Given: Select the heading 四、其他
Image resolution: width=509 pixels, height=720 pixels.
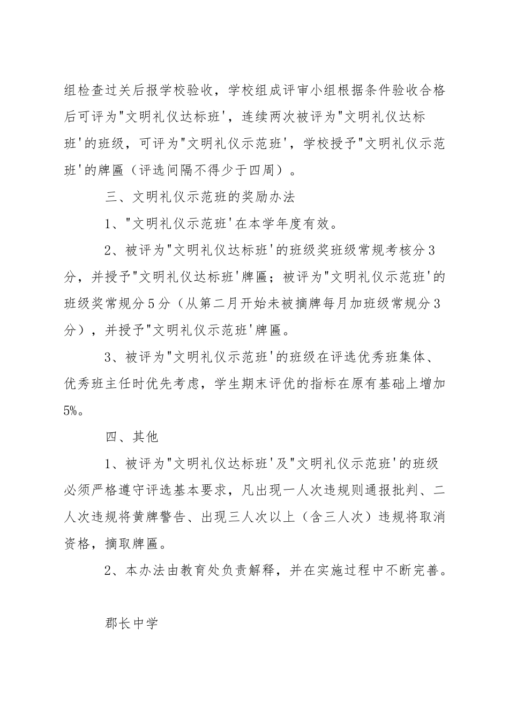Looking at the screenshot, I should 132,437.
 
